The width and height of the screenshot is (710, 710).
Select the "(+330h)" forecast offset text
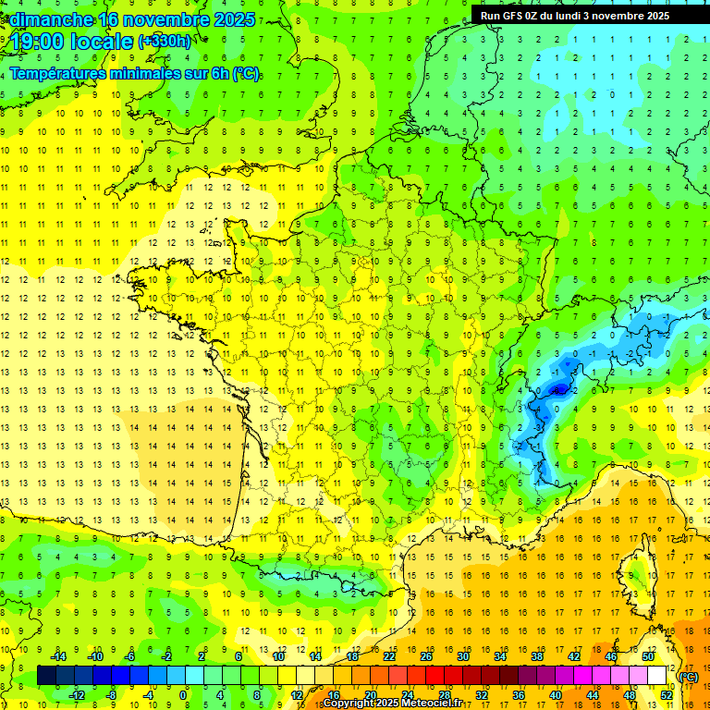click(x=165, y=42)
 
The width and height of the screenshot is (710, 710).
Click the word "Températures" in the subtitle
click(x=60, y=73)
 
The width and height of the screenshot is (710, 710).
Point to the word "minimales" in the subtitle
click(x=156, y=73)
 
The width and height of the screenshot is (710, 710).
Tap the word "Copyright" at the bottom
click(x=350, y=704)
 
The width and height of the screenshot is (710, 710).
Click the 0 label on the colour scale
click(x=183, y=695)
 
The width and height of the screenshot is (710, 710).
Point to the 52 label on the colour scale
click(x=666, y=695)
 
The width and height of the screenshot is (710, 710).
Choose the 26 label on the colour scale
click(x=425, y=656)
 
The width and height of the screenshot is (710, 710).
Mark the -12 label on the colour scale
click(x=77, y=695)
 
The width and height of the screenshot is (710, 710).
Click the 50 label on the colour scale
click(x=647, y=656)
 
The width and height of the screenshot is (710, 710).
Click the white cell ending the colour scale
click(x=656, y=676)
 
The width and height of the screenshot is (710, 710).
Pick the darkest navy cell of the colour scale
click(x=46, y=676)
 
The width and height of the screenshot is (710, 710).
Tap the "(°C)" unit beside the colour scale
click(x=688, y=677)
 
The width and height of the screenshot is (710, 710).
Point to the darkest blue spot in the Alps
click(x=557, y=390)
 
